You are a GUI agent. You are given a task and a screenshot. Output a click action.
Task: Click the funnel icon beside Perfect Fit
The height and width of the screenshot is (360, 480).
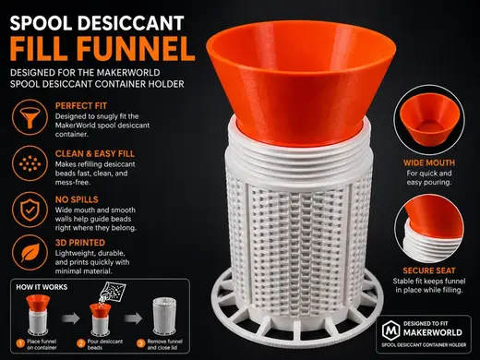tap(30, 117)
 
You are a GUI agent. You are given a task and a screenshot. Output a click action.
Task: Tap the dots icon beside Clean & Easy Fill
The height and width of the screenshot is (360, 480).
tap(30, 163)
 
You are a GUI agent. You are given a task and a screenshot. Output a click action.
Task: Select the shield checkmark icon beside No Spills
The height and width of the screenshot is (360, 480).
tap(30, 210)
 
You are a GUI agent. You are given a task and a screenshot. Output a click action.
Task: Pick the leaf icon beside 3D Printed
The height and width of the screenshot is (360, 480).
tap(30, 253)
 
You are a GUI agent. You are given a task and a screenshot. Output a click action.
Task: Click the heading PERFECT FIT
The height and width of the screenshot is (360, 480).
tap(81, 106)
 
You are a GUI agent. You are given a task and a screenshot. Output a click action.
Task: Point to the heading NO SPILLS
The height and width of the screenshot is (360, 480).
tap(77, 199)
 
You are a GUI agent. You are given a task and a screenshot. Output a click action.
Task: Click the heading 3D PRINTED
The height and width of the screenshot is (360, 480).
tap(80, 243)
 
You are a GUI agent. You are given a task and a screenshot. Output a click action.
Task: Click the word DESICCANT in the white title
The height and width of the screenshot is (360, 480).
tap(130, 23)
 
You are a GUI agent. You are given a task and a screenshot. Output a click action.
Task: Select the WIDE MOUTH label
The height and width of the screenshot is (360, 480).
tap(429, 162)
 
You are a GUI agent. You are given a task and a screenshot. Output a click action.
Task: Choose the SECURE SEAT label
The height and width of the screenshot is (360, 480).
tap(429, 270)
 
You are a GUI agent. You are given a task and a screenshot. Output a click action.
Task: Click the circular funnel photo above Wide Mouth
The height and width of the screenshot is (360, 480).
tap(429, 120)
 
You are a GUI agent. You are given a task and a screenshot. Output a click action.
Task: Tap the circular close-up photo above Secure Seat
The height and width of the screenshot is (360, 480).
tap(429, 228)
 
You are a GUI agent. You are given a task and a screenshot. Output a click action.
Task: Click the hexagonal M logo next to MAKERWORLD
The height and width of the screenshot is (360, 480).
tap(390, 330)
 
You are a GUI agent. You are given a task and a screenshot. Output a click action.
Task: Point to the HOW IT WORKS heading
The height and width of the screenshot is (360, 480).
tap(42, 287)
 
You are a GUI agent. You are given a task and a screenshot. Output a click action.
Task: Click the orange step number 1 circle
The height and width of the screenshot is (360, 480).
tap(20, 343)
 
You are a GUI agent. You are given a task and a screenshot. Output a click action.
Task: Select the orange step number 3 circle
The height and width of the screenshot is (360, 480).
tap(141, 343)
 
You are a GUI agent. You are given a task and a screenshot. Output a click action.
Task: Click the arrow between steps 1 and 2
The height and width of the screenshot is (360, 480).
tap(70, 318)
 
